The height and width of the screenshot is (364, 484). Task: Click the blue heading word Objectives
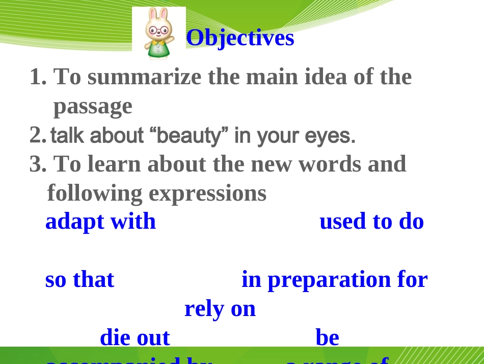click(x=240, y=38)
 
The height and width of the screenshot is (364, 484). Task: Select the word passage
click(x=93, y=106)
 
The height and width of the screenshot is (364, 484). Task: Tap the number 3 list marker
click(x=37, y=164)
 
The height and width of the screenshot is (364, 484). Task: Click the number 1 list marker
click(x=37, y=77)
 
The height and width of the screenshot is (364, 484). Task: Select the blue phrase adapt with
click(x=100, y=222)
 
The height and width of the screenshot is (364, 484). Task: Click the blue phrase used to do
click(x=371, y=222)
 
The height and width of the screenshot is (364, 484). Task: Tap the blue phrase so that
click(x=79, y=280)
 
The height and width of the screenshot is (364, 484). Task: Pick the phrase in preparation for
click(x=334, y=280)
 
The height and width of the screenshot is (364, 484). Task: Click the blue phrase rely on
click(x=220, y=309)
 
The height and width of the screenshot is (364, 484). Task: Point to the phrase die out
click(x=135, y=338)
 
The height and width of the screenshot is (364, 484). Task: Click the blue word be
click(x=327, y=338)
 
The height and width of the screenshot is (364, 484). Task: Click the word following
click(x=95, y=193)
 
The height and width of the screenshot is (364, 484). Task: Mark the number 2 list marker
click(x=38, y=135)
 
